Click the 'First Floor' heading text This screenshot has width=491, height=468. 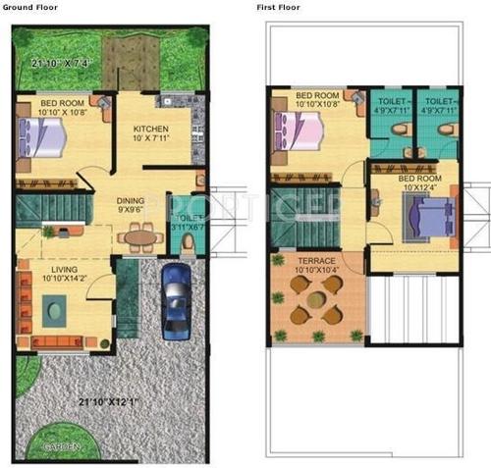(x=277, y=6)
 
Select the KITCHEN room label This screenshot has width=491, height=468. (x=152, y=130)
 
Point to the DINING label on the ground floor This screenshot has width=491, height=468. (x=131, y=200)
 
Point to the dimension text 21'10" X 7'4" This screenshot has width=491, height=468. (x=61, y=64)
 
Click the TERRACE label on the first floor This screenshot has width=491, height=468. (x=316, y=261)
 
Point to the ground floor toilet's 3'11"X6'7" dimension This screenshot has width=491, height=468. (x=187, y=227)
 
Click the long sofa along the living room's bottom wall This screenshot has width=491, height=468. (x=61, y=342)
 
